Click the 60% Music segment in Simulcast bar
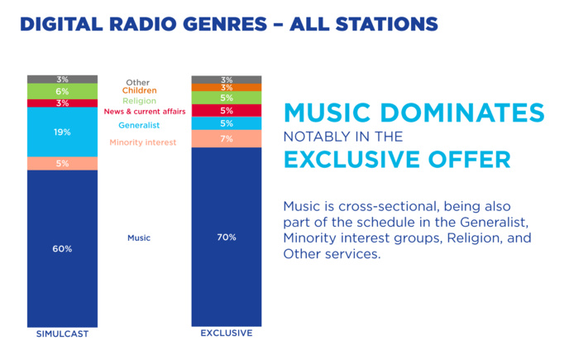62,248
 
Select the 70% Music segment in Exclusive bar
227,237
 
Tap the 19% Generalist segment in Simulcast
62,132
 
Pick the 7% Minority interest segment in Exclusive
227,138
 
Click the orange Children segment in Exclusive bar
227,87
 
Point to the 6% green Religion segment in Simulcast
62,91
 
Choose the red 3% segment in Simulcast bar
62,103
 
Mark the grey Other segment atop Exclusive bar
227,79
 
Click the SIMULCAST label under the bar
62,334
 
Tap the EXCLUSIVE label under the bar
227,334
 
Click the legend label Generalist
139,126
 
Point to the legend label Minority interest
142,142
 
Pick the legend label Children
139,90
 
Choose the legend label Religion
139,100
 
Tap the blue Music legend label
139,238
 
